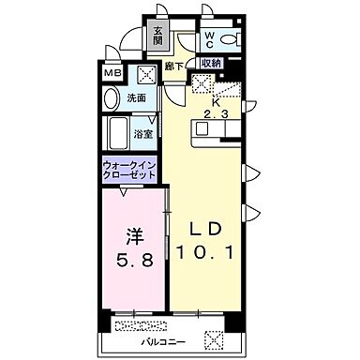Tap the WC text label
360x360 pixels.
pos(211,38)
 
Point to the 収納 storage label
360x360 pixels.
pos(210,63)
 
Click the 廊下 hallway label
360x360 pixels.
pos(172,66)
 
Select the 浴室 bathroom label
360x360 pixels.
pos(143,134)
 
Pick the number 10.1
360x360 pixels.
pos(206,251)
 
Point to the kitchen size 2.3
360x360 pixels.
pos(217,114)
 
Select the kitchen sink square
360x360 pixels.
pos(199,82)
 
